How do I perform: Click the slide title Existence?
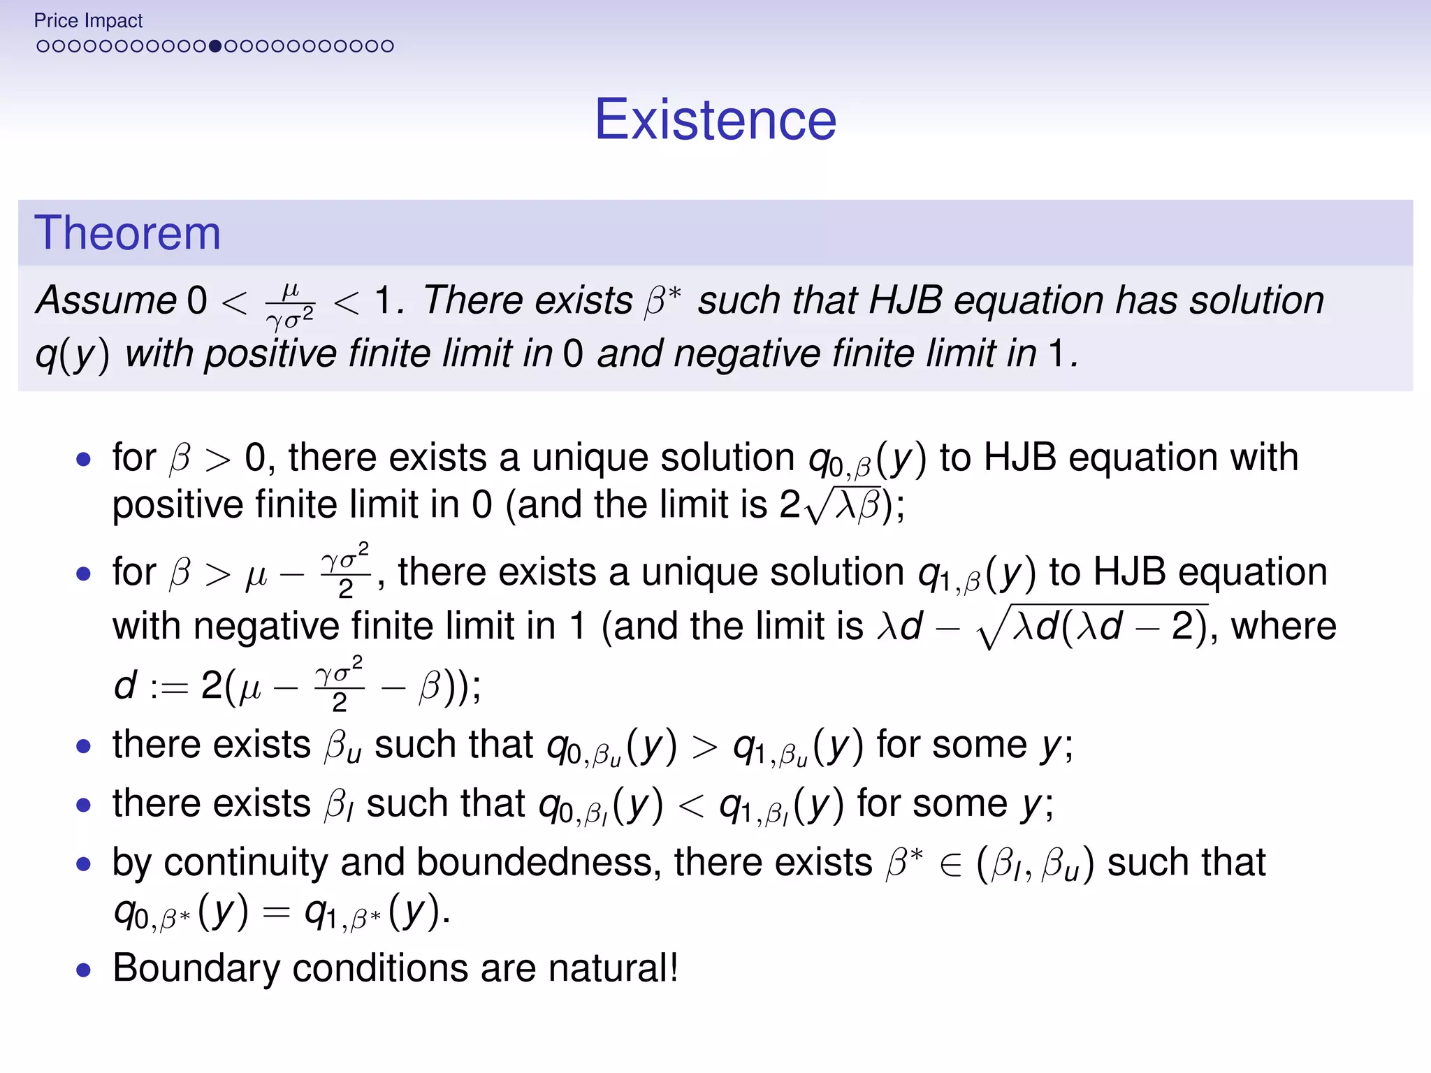click(x=715, y=119)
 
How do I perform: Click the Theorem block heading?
click(x=127, y=233)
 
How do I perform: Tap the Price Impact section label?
click(x=88, y=21)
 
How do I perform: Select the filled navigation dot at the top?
click(x=215, y=46)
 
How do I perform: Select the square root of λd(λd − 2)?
click(x=1093, y=626)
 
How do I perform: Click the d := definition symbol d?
click(x=125, y=686)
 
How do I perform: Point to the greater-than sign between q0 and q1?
click(x=704, y=746)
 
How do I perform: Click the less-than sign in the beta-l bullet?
click(x=691, y=805)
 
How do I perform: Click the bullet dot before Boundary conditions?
click(x=84, y=970)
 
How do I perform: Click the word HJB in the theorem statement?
click(x=905, y=300)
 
